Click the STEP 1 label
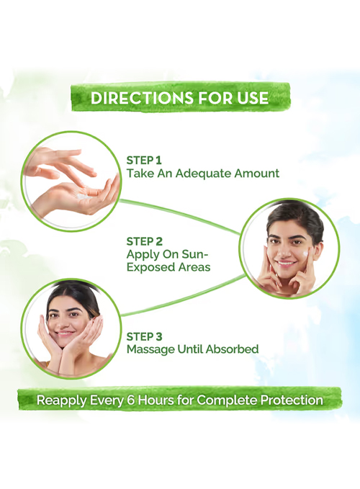click(x=144, y=161)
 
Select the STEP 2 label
click(x=145, y=241)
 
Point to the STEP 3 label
click(x=145, y=337)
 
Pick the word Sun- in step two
click(x=195, y=254)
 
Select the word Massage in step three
click(x=150, y=349)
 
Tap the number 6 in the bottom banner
click(x=131, y=400)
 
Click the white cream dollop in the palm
click(x=84, y=197)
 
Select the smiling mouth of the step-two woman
click(x=286, y=263)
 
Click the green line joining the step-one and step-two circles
click(x=179, y=215)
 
